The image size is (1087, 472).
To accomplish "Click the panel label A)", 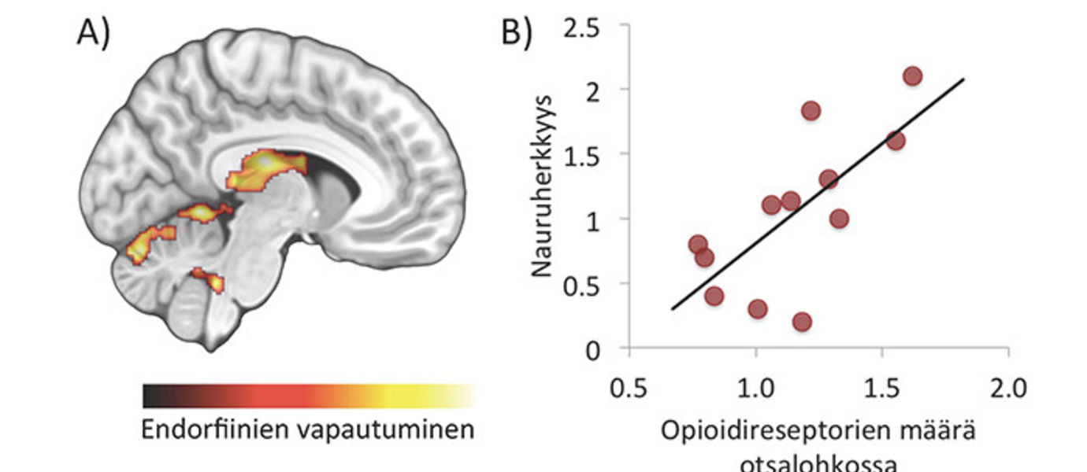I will pos(93,33).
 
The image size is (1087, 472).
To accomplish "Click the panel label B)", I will pos(517,33).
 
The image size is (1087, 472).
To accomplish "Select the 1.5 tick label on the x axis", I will pos(882,388).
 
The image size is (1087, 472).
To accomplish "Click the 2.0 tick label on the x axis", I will pos(1008,388).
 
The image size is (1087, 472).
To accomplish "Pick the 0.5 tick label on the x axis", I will pos(629,388).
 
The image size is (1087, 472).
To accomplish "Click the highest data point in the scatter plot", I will pos(913,76).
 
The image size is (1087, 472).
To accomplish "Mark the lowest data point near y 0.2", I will pos(802,322).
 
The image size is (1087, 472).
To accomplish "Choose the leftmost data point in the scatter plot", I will pos(698,245).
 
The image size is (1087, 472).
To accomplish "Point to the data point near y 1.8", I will pos(811,111).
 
